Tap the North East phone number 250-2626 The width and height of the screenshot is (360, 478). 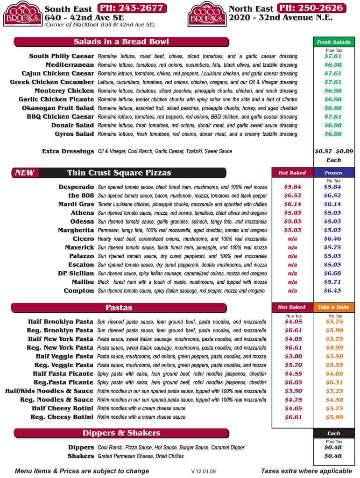pos(312,8)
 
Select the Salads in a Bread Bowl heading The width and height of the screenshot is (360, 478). pos(121,42)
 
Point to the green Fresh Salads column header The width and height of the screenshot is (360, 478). pos(333,42)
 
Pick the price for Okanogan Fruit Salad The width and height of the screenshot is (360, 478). pos(333,108)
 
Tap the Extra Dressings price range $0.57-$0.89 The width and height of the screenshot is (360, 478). pos(334,151)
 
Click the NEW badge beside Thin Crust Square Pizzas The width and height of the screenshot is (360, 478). pos(24,173)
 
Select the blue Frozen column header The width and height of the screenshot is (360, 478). pos(333,173)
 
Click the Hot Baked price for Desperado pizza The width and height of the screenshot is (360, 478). pos(292,187)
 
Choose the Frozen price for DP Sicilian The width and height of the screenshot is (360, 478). pos(333,273)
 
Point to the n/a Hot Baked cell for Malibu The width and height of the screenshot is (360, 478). pos(292,282)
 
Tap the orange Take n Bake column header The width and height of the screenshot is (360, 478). pos(333,308)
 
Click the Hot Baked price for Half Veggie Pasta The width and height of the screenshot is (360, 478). pos(293,356)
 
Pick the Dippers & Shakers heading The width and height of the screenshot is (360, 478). pos(121,433)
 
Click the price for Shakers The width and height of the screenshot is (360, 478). pos(333,456)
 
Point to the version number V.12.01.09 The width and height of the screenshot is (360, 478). pos(204,471)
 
